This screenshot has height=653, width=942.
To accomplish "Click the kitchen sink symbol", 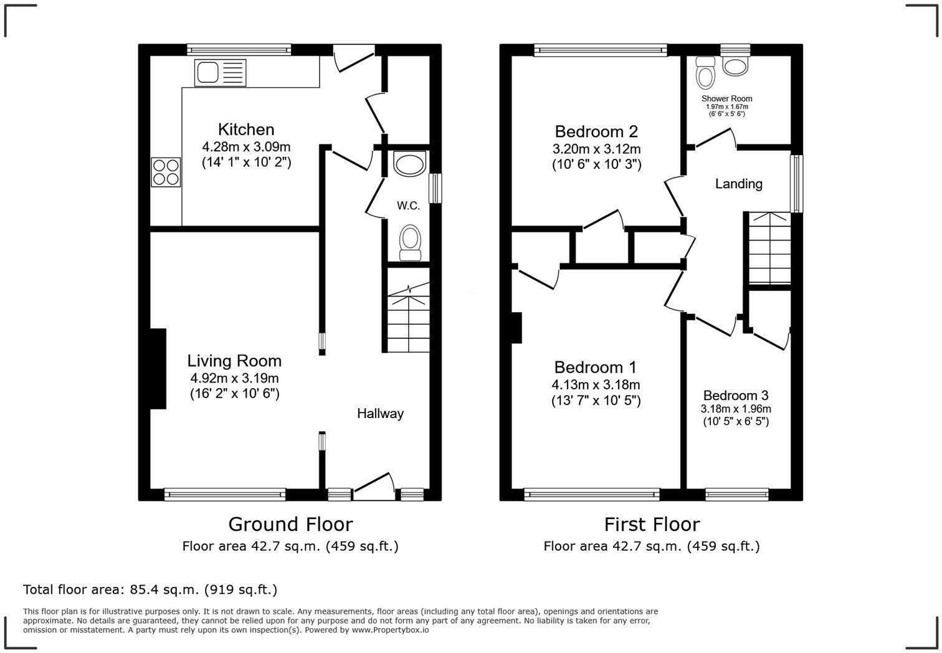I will coord(221,73).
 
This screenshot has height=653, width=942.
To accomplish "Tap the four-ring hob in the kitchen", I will coord(166,172).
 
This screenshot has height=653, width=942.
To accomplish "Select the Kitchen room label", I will coord(246,130).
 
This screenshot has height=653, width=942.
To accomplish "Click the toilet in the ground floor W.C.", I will coord(410,242).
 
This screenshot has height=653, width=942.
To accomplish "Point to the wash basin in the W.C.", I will coord(410,164).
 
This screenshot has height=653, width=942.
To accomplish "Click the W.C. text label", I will coord(409,206).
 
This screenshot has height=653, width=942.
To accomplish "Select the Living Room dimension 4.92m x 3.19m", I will coord(234,378).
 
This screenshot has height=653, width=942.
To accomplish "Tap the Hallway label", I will coord(380,414).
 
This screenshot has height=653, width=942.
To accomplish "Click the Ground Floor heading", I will coord(290,524).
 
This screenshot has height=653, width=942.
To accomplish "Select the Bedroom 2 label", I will coord(596,131).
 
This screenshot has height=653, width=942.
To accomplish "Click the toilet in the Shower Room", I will coord(706,74).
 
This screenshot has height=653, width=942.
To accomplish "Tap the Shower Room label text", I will coord(726,98).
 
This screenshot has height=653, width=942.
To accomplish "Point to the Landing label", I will coord(738,184).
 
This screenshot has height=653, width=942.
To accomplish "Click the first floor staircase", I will coord(769,248).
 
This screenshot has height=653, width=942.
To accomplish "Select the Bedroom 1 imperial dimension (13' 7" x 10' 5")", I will coord(596,401).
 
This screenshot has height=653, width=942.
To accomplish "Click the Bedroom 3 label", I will coord(736,396).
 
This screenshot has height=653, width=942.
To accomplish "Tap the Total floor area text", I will coord(150,589).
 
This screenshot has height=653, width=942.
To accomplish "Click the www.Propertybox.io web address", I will coord(391,630).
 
